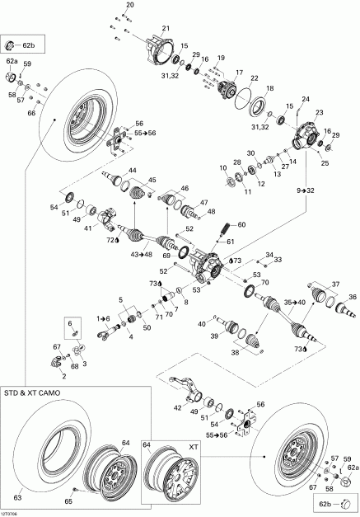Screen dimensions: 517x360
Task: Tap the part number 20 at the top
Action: (x=129, y=6)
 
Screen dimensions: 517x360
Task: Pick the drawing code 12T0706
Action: (x=12, y=511)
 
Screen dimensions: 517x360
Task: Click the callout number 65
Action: (x=68, y=501)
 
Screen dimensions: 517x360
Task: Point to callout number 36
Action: (x=352, y=298)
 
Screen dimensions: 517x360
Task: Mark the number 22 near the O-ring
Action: (x=255, y=78)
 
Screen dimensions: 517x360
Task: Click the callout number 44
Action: (x=132, y=171)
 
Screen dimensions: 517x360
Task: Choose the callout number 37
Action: (x=334, y=284)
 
